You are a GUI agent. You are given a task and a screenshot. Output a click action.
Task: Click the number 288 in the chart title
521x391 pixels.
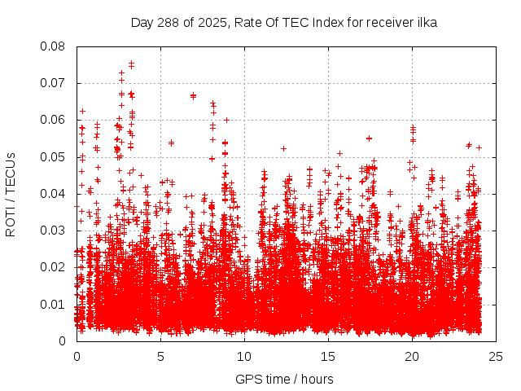coord(166,23)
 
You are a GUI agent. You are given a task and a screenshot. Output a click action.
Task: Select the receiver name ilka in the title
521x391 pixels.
coord(425,23)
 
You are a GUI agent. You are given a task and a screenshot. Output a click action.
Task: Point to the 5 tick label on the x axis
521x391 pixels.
coord(160,356)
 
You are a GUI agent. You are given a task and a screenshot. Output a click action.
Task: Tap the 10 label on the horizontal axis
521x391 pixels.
coord(244,356)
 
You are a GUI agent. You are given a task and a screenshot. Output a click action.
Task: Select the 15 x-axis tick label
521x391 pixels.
coord(328,356)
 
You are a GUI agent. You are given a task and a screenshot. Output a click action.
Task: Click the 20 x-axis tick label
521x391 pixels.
coord(412,356)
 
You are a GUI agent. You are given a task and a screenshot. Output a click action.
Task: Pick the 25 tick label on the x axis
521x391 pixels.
coord(496,356)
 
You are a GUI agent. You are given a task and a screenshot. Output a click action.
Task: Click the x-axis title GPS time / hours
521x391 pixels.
coord(284,379)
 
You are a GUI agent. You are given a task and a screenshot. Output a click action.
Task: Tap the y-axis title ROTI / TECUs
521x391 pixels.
coord(11,193)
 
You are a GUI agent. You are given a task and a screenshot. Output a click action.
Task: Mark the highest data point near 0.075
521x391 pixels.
coord(131,63)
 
